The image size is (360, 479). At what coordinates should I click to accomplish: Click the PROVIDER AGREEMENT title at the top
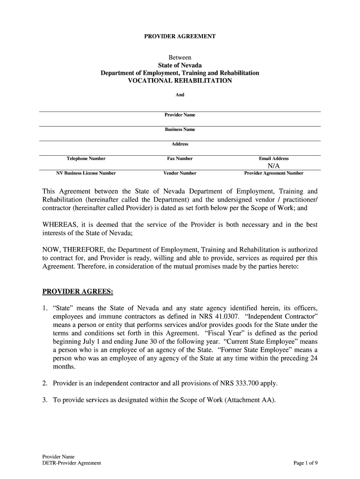tap(180, 36)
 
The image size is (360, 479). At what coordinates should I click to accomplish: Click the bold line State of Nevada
tap(180, 65)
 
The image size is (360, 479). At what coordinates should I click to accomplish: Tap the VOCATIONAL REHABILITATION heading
tap(180, 81)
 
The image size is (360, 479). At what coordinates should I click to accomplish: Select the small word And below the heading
tap(180, 95)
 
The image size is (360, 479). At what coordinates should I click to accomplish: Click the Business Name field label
tap(180, 130)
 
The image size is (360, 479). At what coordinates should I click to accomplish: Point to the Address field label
tap(180, 144)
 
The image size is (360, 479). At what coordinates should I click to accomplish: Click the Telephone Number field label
tap(86, 159)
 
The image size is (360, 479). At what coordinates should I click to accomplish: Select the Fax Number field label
tap(180, 159)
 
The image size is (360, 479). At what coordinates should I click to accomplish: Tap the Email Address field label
tap(274, 159)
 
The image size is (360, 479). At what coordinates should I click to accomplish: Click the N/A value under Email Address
tap(274, 166)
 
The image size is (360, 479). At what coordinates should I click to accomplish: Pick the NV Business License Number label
tap(86, 173)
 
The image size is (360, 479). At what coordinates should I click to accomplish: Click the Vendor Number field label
tap(180, 173)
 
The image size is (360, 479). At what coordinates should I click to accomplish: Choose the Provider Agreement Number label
tap(274, 173)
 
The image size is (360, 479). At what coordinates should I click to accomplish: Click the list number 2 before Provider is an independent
tap(45, 384)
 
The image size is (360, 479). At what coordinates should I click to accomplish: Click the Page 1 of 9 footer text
tap(306, 463)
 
